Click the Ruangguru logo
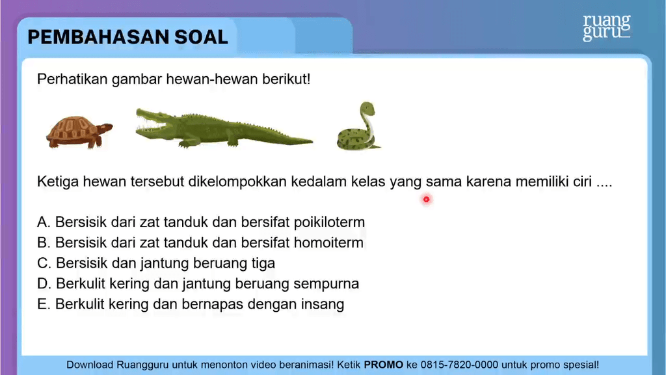tap(607, 28)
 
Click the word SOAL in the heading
tap(202, 37)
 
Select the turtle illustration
tap(79, 132)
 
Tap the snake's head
tap(368, 109)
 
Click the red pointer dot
tap(427, 199)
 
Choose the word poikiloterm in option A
tap(329, 223)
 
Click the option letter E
tap(43, 305)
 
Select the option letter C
tap(44, 263)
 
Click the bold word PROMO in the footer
tap(384, 365)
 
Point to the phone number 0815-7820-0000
tap(459, 365)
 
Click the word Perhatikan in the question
tap(72, 79)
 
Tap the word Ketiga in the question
tap(58, 182)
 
